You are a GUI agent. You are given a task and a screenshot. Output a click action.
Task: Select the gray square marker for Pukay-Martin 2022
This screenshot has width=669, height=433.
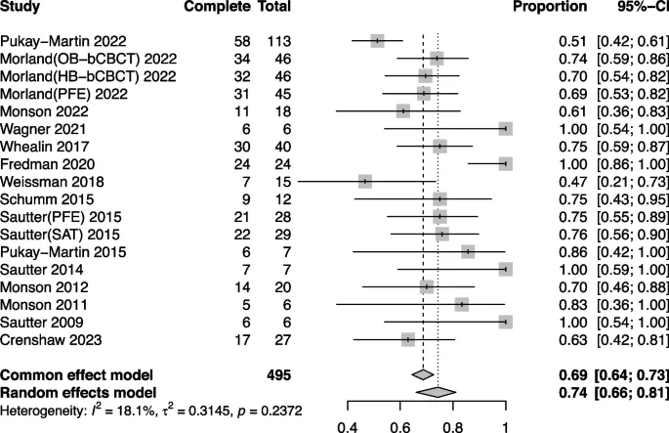pos(378,40)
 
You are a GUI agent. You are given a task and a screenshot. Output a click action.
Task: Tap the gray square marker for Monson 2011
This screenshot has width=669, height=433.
pos(461,304)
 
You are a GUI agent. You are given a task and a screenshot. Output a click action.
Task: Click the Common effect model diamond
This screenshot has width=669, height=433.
pos(423,374)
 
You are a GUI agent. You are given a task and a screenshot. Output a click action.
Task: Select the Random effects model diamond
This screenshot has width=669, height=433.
pos(436,391)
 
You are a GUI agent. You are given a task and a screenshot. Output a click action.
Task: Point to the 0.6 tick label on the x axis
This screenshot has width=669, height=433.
pos(399,426)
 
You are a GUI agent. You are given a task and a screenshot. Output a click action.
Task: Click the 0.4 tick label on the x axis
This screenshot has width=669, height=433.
pos(347,426)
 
